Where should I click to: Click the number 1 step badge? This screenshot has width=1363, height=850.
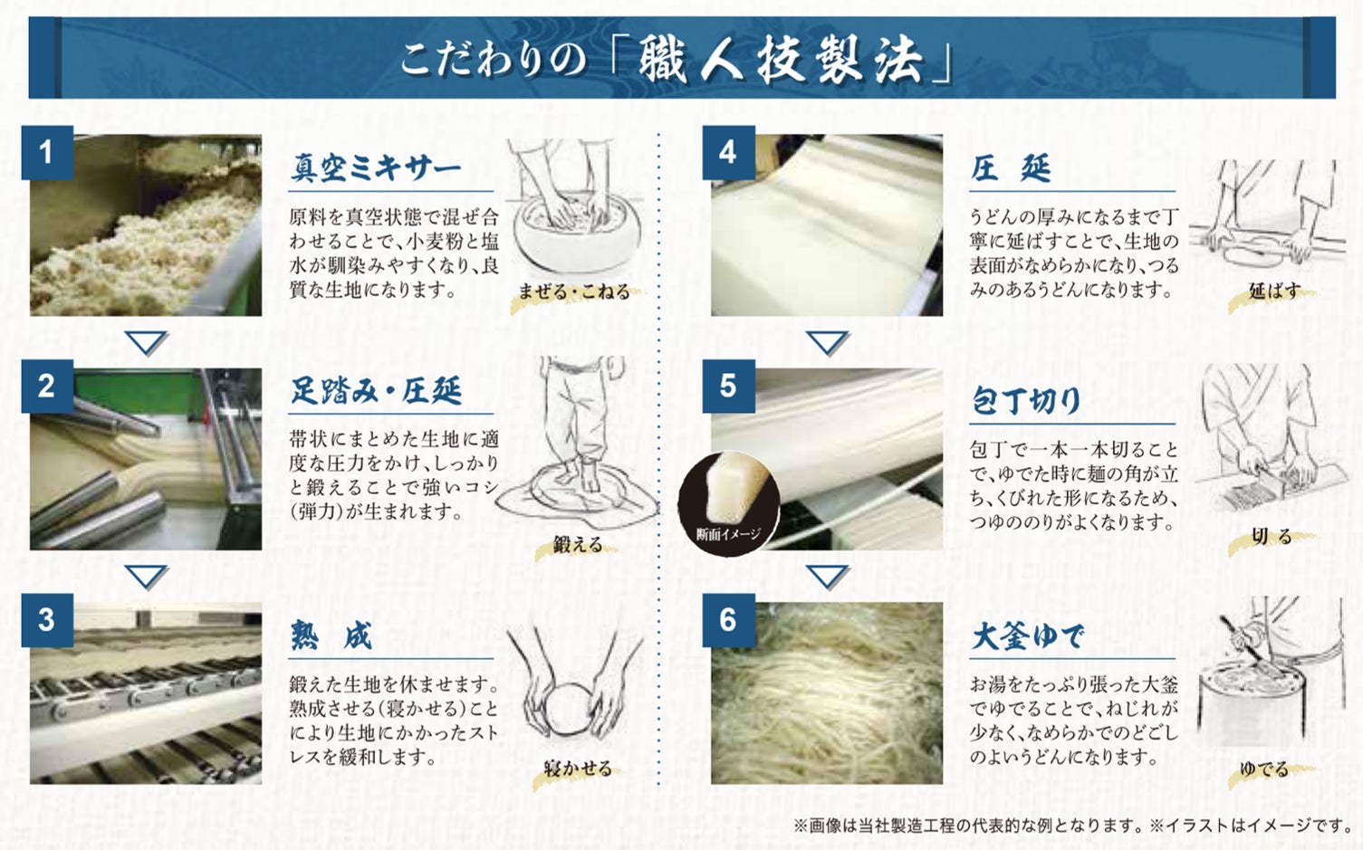click(47, 153)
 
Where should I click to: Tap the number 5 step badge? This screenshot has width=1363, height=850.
click(728, 387)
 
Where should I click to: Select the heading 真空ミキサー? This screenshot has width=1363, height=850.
click(375, 167)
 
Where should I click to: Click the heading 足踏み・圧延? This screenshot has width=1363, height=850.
click(376, 390)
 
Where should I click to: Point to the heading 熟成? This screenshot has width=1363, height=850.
click(331, 636)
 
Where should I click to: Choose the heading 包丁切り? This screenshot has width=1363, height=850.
click(1026, 401)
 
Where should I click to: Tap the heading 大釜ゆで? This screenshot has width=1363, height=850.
click(1028, 636)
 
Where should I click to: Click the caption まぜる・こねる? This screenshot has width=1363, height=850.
click(574, 291)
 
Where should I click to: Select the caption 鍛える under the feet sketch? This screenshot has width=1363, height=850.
click(578, 544)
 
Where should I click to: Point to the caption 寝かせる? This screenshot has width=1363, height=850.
click(578, 769)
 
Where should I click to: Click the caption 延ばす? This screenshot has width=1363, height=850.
click(1274, 291)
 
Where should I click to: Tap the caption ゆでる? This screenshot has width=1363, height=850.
click(1264, 769)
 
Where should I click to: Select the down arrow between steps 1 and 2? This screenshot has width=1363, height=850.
click(146, 342)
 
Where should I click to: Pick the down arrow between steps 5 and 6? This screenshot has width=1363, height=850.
click(828, 576)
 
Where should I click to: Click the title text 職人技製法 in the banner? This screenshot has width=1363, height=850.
click(781, 59)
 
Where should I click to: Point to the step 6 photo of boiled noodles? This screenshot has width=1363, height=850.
click(827, 693)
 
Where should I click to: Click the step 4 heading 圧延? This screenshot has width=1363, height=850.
click(1011, 167)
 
